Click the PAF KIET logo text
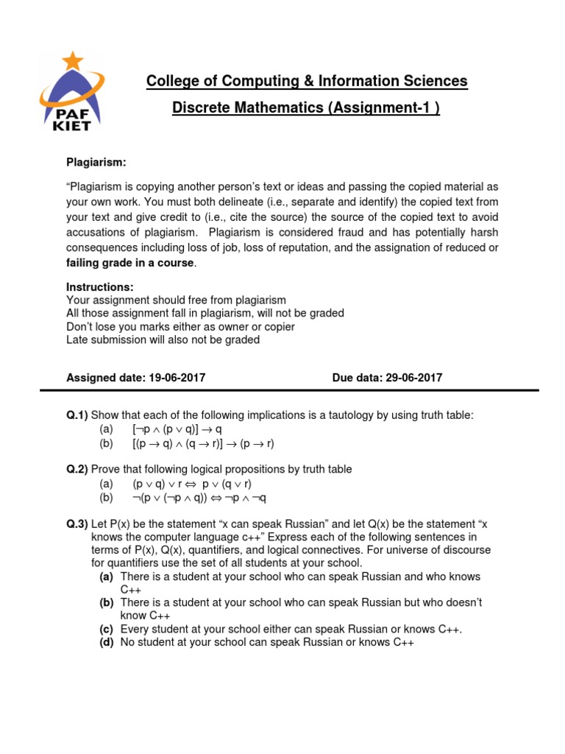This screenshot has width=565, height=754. [72, 119]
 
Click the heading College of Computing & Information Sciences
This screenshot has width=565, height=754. [307, 81]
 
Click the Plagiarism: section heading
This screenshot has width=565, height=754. [96, 161]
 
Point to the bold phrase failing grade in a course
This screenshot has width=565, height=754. [131, 264]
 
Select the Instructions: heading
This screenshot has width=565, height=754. [100, 287]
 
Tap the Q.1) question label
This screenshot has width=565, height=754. [77, 416]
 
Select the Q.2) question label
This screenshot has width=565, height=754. [77, 470]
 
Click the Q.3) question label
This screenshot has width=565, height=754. [77, 524]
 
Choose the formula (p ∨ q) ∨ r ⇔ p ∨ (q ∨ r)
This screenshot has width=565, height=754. [192, 484]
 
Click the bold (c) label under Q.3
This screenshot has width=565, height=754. [107, 629]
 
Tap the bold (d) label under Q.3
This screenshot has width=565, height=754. [107, 642]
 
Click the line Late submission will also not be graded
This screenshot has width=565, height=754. [163, 340]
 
